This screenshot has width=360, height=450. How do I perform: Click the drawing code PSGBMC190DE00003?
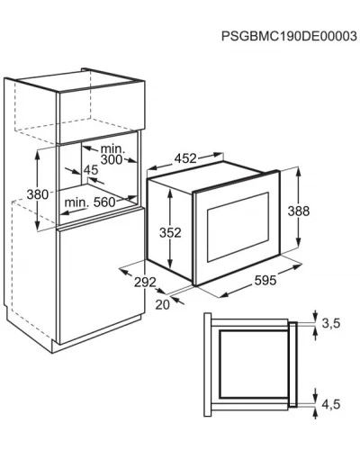(289, 36)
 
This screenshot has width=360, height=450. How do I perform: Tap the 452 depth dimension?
(185, 158)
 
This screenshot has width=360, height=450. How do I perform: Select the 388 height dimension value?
(299, 211)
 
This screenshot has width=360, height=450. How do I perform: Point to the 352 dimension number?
(170, 232)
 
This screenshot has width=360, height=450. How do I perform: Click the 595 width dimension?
(265, 281)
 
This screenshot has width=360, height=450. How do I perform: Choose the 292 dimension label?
(145, 282)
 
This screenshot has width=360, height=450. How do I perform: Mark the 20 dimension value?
(163, 304)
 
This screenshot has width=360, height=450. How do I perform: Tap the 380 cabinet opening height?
(38, 194)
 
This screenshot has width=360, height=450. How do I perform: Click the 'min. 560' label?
(90, 202)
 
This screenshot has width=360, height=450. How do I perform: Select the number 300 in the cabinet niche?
(112, 160)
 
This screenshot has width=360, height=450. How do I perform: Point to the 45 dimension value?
(91, 170)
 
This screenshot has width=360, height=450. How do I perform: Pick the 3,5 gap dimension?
(331, 323)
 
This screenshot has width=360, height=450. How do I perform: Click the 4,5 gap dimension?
(331, 404)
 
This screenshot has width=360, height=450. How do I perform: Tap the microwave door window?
(238, 227)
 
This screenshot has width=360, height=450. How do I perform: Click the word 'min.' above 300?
(112, 148)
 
